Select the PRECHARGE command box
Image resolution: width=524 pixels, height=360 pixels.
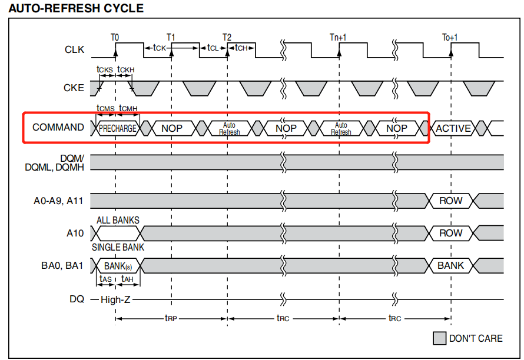[118, 128]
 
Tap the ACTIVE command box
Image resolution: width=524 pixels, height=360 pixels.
[453, 128]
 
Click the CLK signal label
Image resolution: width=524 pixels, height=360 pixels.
[74, 49]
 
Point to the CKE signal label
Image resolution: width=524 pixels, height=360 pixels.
[74, 88]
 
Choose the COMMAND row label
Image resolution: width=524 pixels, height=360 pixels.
[58, 128]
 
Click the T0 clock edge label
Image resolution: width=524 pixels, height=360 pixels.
[115, 37]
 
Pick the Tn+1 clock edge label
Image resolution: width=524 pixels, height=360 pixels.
[338, 37]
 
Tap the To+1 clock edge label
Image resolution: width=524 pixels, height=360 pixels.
[450, 37]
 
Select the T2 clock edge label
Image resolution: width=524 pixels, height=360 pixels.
[227, 37]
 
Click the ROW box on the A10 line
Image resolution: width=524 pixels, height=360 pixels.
[450, 233]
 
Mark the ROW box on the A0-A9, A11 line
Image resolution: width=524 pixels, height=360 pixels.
[450, 201]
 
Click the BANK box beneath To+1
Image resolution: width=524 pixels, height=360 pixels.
[450, 265]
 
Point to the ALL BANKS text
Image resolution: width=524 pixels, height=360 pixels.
[118, 221]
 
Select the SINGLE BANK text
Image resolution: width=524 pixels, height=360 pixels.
[118, 247]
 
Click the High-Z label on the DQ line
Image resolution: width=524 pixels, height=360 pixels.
[116, 299]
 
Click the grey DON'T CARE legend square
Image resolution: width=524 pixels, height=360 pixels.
[439, 338]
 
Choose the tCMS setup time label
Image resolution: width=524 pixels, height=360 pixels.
[106, 109]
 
